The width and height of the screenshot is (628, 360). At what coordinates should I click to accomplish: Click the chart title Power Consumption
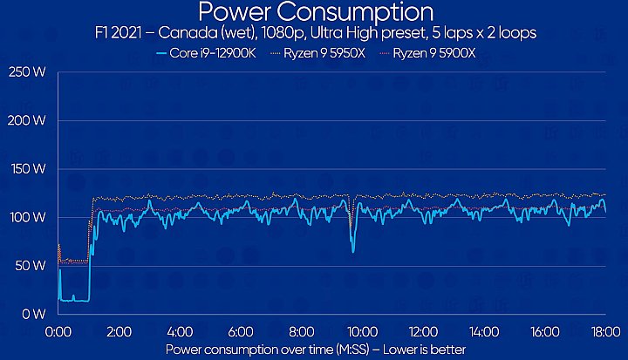point(315,12)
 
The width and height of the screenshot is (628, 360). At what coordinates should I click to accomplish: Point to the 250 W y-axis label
point(28,72)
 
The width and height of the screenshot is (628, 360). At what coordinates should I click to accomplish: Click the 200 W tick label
point(28,120)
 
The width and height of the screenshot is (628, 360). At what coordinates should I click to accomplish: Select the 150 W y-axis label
point(28,169)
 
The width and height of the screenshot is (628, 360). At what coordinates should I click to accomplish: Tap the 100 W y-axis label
point(28,217)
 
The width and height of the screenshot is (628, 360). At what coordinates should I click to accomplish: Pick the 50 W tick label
point(31,265)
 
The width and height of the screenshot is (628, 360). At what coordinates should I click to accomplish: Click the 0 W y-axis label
point(34,313)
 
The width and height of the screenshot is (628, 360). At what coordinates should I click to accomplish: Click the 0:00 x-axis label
point(58,331)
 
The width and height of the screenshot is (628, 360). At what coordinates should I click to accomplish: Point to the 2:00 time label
point(119,331)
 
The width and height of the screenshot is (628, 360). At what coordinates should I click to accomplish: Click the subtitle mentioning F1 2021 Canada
point(315,34)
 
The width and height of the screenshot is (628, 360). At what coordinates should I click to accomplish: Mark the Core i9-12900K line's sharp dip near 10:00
point(353,250)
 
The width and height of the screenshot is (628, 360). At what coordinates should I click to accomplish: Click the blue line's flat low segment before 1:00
point(74,300)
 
